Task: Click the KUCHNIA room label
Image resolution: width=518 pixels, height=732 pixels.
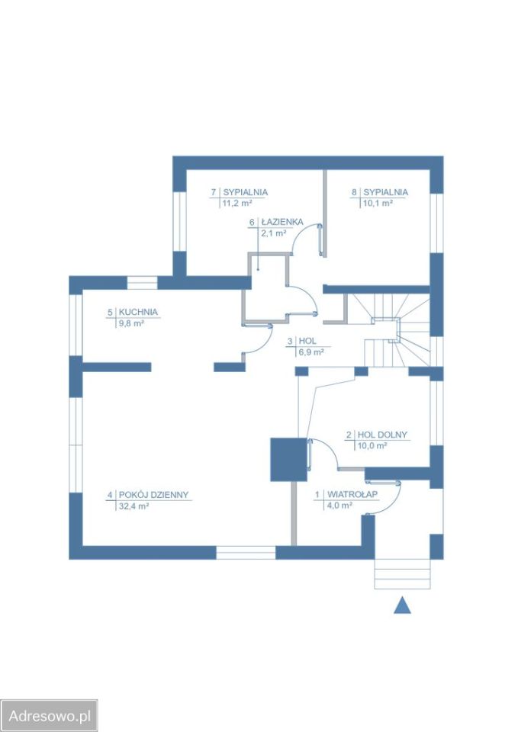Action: pos(138,312)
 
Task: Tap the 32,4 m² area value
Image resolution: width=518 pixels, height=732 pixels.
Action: pos(134,506)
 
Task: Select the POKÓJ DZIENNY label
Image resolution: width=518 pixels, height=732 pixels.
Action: pos(153,494)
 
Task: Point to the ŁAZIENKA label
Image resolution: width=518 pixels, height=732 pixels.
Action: pos(282,222)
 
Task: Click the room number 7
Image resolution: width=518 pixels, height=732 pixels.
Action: pos(214,192)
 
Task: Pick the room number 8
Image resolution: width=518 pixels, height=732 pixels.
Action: pos(354,192)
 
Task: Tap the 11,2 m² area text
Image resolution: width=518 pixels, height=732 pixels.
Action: pos(237,203)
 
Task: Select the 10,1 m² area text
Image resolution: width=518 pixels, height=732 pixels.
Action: pos(378,203)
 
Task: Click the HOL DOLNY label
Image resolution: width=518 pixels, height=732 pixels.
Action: pos(382,435)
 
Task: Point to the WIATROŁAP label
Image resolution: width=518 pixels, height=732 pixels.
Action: pos(352,494)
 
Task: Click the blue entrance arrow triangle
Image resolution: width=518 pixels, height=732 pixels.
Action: pos(402,605)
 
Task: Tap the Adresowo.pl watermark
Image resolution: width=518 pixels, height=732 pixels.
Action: pos(49,716)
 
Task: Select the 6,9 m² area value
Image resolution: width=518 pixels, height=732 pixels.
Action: pos(311,352)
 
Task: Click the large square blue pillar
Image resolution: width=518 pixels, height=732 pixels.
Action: pos(288,460)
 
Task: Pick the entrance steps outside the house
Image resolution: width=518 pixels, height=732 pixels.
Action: pos(402,574)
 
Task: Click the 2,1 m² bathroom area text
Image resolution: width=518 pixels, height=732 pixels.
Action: pos(274,233)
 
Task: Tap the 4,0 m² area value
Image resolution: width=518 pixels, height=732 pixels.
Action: pos(339,506)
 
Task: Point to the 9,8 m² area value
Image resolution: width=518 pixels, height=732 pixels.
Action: pos(131,323)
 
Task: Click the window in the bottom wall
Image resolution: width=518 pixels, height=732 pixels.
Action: pos(246,553)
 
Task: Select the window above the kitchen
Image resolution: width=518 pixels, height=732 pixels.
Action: pos(143,283)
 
